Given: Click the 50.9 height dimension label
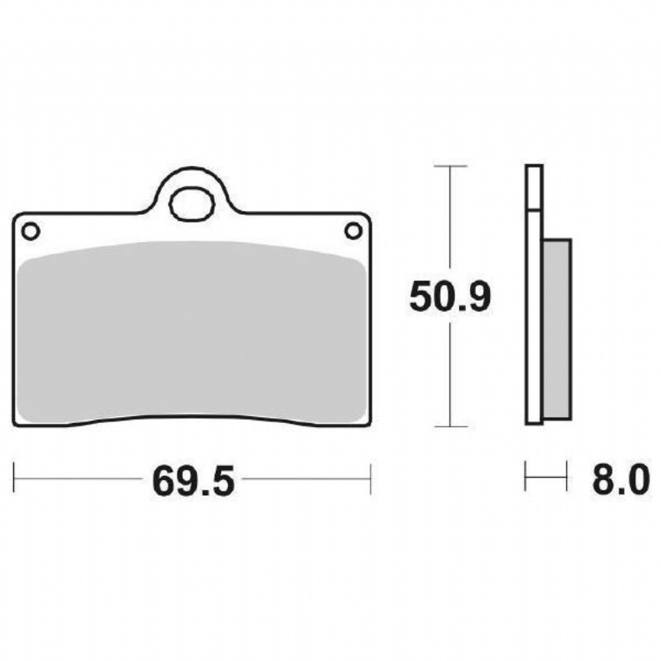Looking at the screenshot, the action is click(x=449, y=297).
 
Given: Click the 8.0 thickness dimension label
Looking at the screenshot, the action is click(x=621, y=480).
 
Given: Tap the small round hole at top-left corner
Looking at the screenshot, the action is click(x=31, y=231).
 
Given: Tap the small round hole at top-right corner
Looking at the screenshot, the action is click(x=353, y=231).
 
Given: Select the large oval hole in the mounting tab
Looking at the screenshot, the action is click(x=192, y=204).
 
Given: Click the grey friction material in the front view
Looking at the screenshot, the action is click(x=192, y=332).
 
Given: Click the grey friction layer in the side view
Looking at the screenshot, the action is click(x=557, y=329).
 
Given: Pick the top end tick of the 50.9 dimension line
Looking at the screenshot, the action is click(x=450, y=166).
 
